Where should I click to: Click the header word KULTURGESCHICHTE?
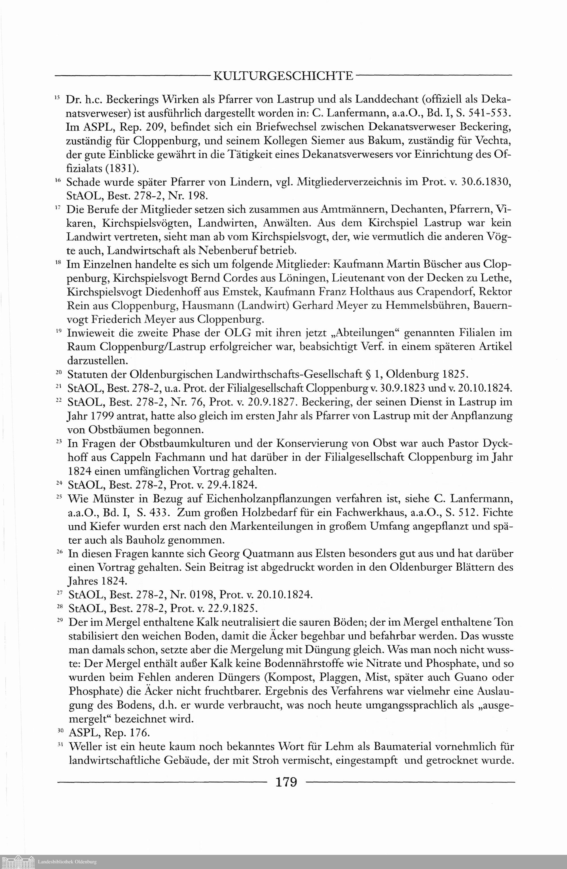pos(283,76)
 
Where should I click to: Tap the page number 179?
pos(286,782)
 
